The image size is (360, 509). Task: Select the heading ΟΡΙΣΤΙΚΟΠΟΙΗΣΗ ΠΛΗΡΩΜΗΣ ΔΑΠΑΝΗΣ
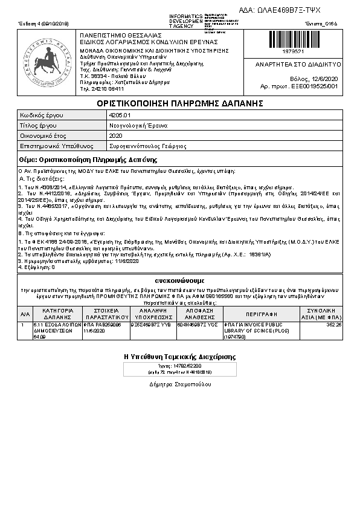click(x=180, y=103)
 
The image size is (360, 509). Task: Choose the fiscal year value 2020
click(x=116, y=136)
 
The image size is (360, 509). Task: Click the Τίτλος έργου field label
click(x=39, y=125)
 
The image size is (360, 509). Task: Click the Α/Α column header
click(x=25, y=314)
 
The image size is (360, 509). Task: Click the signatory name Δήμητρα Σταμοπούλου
click(x=180, y=384)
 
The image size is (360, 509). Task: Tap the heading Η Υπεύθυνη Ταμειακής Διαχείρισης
click(x=180, y=357)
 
